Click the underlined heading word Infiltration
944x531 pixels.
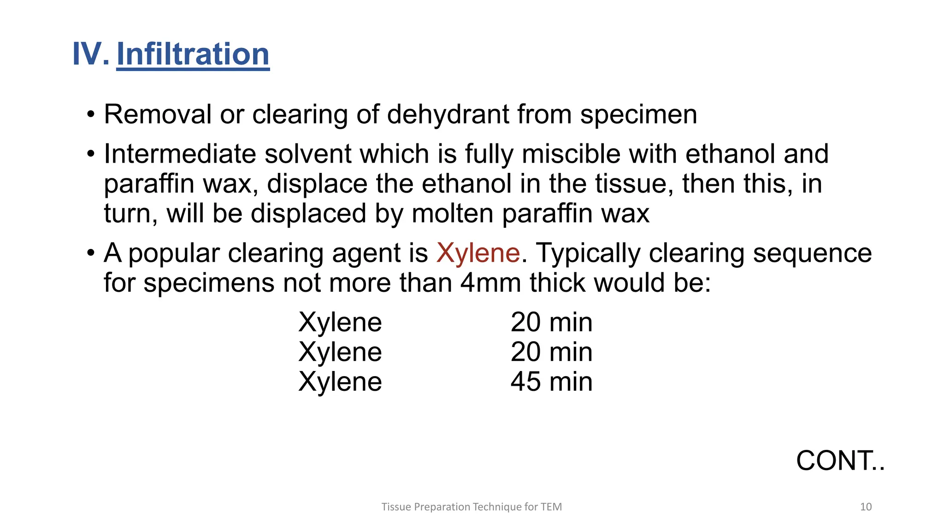193,54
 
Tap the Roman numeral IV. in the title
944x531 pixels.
90,54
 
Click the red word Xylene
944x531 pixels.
478,254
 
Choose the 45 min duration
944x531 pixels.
551,382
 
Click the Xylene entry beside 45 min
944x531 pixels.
340,382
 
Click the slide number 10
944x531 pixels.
866,507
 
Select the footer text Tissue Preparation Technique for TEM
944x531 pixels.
472,507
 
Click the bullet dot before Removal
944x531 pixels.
91,114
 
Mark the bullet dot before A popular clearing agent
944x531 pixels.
91,254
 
